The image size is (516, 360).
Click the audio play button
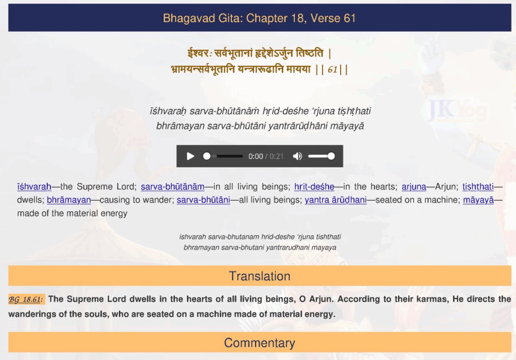(x=190, y=156)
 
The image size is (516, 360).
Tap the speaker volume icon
(x=297, y=156)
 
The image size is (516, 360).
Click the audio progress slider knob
(x=207, y=156)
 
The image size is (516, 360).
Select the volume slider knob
(x=331, y=156)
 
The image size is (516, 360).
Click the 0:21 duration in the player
(x=277, y=156)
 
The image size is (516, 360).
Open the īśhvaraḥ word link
(x=34, y=187)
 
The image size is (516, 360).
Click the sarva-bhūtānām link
(x=172, y=187)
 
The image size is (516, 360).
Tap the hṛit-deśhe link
(x=314, y=187)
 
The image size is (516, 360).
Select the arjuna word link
(x=414, y=187)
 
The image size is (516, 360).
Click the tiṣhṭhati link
(x=478, y=187)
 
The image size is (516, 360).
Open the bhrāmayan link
(x=69, y=200)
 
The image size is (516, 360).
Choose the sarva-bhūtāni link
(x=204, y=200)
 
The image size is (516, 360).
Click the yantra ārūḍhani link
(x=336, y=200)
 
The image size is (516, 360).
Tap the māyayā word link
(x=479, y=200)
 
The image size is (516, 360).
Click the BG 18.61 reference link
(x=26, y=299)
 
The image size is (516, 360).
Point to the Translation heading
(x=260, y=276)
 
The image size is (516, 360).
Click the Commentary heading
(x=260, y=343)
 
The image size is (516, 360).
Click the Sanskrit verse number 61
(x=333, y=70)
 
